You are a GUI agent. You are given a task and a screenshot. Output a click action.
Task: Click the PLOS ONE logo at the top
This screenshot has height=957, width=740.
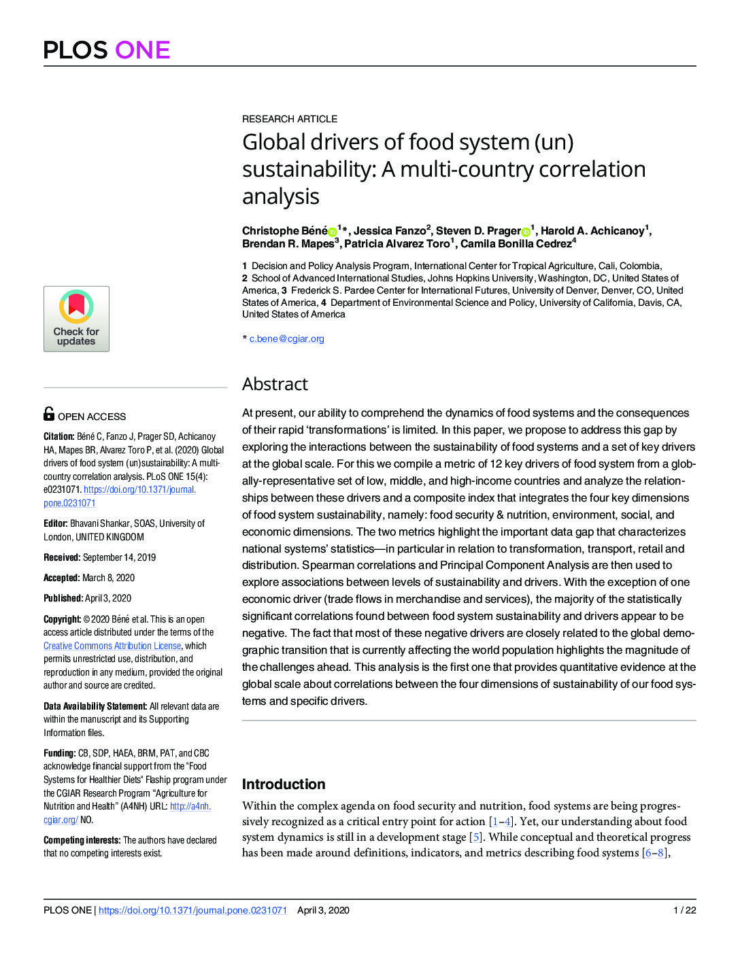(x=107, y=50)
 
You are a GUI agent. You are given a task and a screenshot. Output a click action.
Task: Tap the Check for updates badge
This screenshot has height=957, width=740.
(x=76, y=319)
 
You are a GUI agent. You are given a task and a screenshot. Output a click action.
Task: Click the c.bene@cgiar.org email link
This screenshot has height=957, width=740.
(x=286, y=338)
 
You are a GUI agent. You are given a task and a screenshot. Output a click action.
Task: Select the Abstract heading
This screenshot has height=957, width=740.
(x=275, y=384)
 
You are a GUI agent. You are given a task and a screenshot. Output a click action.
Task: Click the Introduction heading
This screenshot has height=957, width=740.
(x=284, y=784)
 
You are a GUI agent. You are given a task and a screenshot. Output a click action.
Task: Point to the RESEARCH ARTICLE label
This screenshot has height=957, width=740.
(x=290, y=119)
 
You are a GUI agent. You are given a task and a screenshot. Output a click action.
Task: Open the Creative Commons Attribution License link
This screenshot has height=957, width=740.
(x=112, y=646)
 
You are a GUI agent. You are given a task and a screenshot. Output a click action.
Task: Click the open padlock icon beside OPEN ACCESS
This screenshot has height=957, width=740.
(x=49, y=413)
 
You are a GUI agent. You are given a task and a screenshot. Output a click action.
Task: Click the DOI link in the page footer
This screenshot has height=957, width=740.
(x=192, y=910)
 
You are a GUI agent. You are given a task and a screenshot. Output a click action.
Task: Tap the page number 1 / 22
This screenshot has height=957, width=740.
(x=684, y=910)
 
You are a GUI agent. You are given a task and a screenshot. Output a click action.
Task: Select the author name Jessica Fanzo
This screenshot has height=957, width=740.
(x=389, y=231)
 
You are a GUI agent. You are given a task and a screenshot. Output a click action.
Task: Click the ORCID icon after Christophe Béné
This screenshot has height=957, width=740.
(x=333, y=232)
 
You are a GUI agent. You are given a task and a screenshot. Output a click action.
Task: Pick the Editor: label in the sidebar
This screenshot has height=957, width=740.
(x=55, y=523)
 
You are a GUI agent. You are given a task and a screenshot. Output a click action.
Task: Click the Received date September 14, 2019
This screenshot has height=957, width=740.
(x=119, y=557)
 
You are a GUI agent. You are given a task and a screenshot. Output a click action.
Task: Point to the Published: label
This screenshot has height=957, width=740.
(x=63, y=598)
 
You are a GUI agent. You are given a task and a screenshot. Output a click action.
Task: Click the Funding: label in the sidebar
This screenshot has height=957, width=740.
(x=59, y=753)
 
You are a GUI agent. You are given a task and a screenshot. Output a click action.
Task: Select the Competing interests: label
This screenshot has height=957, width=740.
(x=82, y=840)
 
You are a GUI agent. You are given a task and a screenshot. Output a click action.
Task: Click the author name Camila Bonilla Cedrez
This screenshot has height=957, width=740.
(x=516, y=244)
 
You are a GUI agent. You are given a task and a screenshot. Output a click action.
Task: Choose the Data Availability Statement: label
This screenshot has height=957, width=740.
(x=95, y=706)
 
